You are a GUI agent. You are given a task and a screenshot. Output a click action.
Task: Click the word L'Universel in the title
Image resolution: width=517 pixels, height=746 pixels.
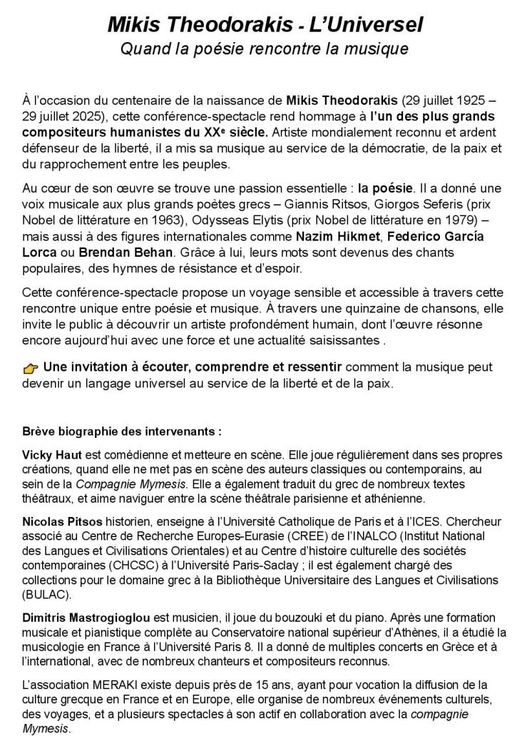click(x=363, y=26)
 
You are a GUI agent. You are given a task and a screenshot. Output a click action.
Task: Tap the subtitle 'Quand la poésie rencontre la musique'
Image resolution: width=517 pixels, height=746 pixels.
click(x=264, y=49)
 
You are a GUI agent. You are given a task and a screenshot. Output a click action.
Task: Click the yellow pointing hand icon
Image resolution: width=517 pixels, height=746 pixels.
click(x=31, y=368)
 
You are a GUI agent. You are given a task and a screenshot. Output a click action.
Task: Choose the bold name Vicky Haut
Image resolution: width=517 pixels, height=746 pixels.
click(x=52, y=454)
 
